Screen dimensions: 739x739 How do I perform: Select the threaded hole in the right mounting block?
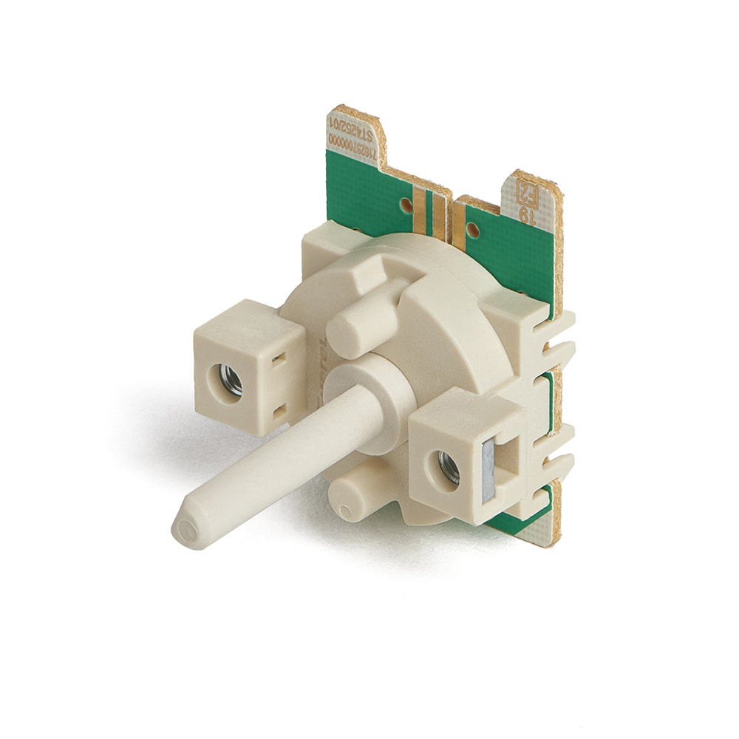click(449, 466)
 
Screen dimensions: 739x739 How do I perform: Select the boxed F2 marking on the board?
click(526, 194)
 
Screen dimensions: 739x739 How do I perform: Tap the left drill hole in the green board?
click(406, 202)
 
